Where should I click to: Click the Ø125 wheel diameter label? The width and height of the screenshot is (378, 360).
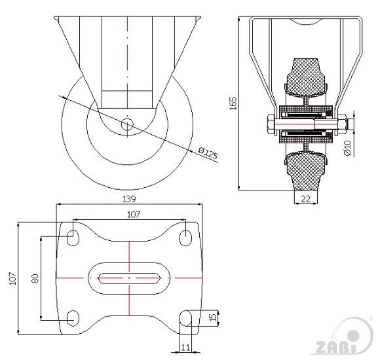tap(208, 153)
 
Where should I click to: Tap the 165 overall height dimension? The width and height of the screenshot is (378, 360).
tap(233, 103)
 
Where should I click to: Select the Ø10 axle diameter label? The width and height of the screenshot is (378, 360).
tap(347, 148)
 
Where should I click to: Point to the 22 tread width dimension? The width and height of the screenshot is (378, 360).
tap(306, 199)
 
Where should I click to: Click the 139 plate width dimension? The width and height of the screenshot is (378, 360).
tap(129, 199)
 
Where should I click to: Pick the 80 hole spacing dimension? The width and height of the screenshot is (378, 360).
tap(35, 278)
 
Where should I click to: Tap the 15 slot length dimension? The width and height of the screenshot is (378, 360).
tap(213, 317)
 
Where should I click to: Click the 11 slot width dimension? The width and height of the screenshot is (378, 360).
tap(185, 348)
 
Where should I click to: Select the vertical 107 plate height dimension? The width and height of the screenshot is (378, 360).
tap(12, 278)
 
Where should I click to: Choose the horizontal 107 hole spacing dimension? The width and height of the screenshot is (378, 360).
tap(134, 214)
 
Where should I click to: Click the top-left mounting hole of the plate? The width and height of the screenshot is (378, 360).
tap(73, 238)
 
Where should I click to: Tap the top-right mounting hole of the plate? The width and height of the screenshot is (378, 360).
tap(185, 238)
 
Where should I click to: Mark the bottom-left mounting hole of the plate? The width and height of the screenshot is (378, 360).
tap(73, 318)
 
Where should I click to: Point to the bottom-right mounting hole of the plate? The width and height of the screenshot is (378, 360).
tap(185, 318)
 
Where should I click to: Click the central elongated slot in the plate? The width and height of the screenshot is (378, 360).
tap(129, 278)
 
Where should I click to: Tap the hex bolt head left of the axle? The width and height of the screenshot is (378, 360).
tap(271, 125)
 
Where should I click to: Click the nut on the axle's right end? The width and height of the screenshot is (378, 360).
tap(342, 125)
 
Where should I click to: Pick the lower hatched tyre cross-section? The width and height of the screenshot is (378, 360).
tap(306, 170)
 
